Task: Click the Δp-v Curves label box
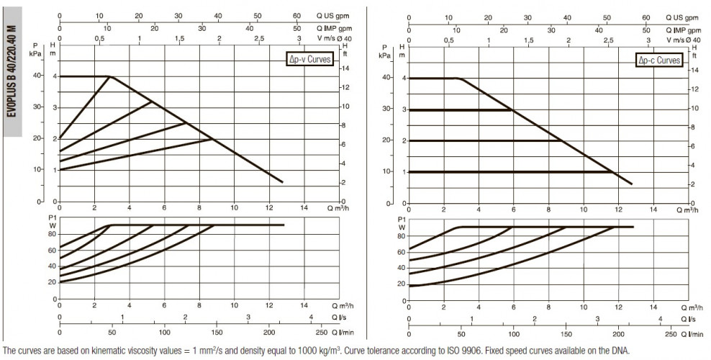309,59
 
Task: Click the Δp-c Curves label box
659,60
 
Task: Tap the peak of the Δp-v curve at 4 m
109,76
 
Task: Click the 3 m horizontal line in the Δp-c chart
461,109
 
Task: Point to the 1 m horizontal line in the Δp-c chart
511,172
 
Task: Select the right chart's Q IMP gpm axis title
684,30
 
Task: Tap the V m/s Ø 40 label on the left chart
334,39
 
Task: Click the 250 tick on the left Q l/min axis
321,333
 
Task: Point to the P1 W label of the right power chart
402,223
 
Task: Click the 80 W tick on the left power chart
52,234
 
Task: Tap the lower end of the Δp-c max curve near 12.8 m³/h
632,184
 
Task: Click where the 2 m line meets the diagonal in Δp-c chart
562,140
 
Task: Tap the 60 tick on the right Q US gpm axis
646,18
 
